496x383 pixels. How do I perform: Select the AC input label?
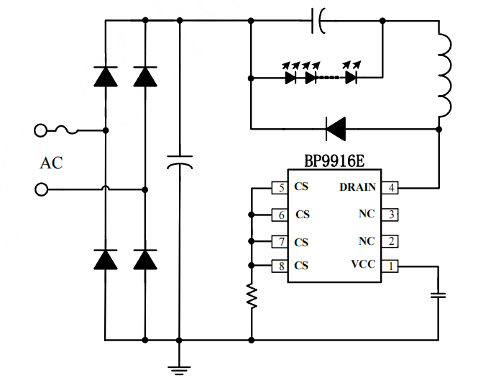point(51,163)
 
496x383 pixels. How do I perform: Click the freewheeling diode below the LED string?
point(335,130)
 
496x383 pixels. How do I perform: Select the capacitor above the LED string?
point(317,20)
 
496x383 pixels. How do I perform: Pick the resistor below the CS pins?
point(251,296)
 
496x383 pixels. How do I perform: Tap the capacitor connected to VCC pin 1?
point(438,294)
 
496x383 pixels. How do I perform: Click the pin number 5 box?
point(280,188)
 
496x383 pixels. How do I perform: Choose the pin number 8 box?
point(280,265)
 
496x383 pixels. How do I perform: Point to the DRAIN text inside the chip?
point(357,188)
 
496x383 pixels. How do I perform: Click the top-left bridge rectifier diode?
point(106,76)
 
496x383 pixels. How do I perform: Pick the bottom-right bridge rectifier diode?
point(145,259)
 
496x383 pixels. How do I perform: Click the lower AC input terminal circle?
point(41,189)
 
